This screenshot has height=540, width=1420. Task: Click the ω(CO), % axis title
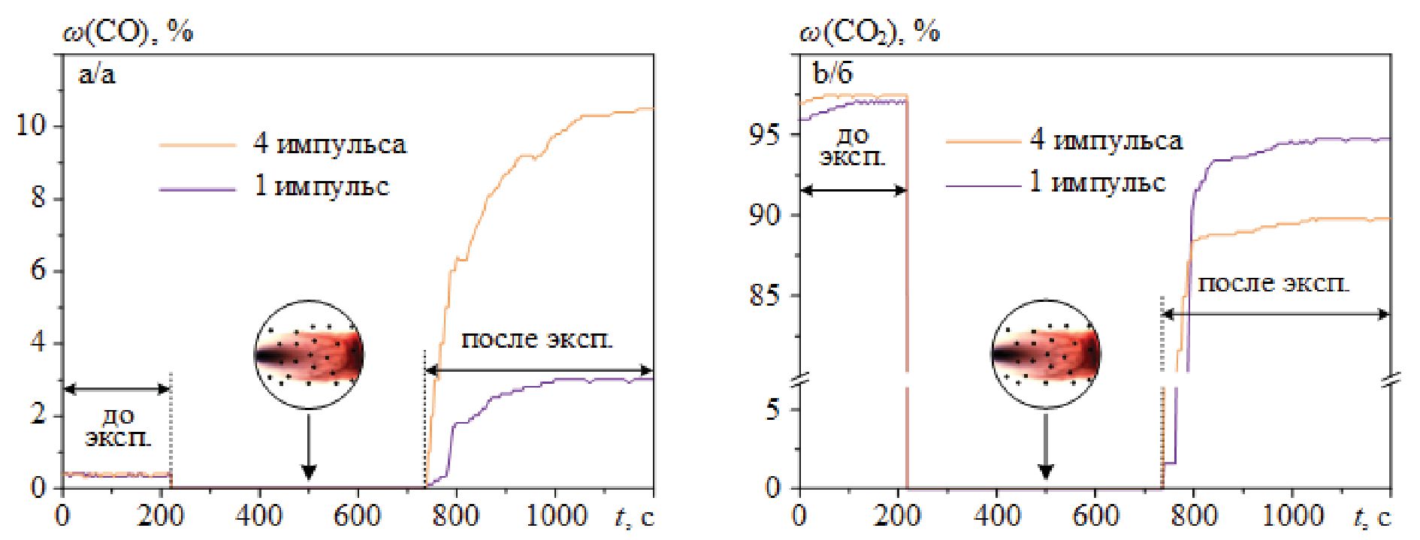128,32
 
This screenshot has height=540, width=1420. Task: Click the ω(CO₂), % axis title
869,32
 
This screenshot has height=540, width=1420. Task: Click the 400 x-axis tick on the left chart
259,516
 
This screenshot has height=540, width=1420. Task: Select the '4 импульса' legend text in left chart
330,143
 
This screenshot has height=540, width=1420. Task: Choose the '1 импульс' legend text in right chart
1097,183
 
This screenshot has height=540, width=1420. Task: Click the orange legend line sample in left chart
198,145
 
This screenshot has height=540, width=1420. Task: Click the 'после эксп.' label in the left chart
536,339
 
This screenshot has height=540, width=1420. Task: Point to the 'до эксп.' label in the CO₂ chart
852,147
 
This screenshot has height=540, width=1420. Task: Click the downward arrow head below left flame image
308,472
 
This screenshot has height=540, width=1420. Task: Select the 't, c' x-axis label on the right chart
1372,516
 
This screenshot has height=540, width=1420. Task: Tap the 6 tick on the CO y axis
38,271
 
